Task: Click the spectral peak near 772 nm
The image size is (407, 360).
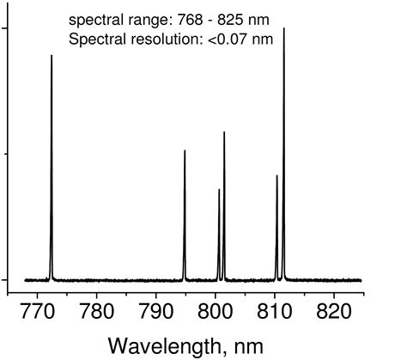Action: [x=52, y=60]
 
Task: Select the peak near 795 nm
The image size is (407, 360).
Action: [x=185, y=155]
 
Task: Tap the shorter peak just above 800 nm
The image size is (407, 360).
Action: [x=219, y=193]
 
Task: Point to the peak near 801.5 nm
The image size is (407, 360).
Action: [x=224, y=136]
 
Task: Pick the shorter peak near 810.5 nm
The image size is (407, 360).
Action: [x=276, y=180]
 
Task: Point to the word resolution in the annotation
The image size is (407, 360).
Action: [x=170, y=39]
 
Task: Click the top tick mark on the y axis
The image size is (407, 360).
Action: [x=4, y=28]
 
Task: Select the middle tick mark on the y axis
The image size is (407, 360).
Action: [x=4, y=155]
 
